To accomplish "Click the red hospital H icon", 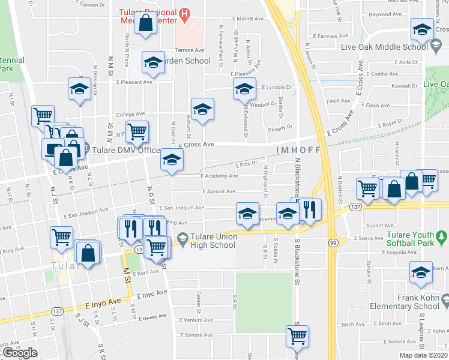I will point(185,12).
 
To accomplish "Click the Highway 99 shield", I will point(334,242).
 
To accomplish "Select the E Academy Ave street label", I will point(220,176).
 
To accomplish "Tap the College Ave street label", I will point(130,113).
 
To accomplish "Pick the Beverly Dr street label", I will point(280,127).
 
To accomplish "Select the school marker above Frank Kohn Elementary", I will point(421,272).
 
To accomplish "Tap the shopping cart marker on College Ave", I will point(137,130).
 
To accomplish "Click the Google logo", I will point(19,353).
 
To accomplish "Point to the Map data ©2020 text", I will point(424,355).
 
